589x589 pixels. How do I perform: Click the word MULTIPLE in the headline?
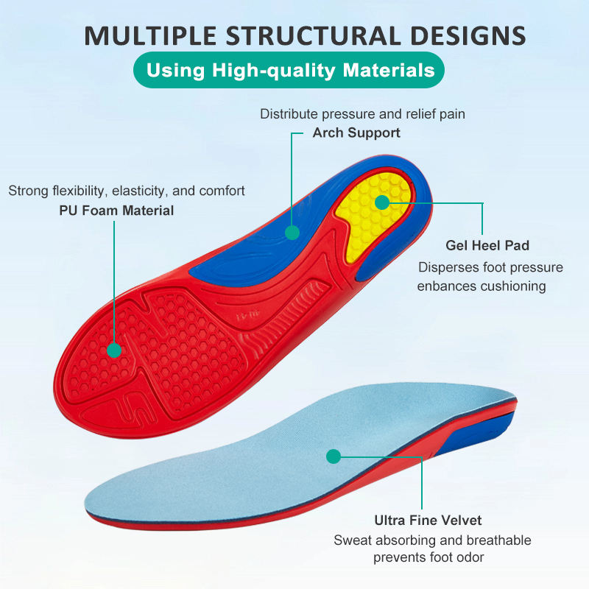coord(150,35)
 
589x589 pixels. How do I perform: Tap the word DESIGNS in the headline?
coord(468,35)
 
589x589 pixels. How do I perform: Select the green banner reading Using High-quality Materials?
coord(289,70)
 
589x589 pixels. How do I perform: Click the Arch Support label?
coord(356,133)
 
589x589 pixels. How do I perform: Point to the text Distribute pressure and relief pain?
coord(362,114)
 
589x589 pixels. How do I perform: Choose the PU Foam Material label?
coord(116,211)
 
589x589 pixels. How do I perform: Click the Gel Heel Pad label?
coord(487,245)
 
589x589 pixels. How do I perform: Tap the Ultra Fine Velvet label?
coord(428,521)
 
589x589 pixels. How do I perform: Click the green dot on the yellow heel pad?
coord(382,203)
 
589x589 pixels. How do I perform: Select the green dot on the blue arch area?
coord(292,233)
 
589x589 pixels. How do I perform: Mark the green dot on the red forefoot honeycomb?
coord(114,350)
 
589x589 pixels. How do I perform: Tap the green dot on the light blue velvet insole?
coord(334,456)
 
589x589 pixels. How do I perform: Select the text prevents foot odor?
coord(428,557)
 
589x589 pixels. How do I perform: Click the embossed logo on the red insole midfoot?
coord(248,316)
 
